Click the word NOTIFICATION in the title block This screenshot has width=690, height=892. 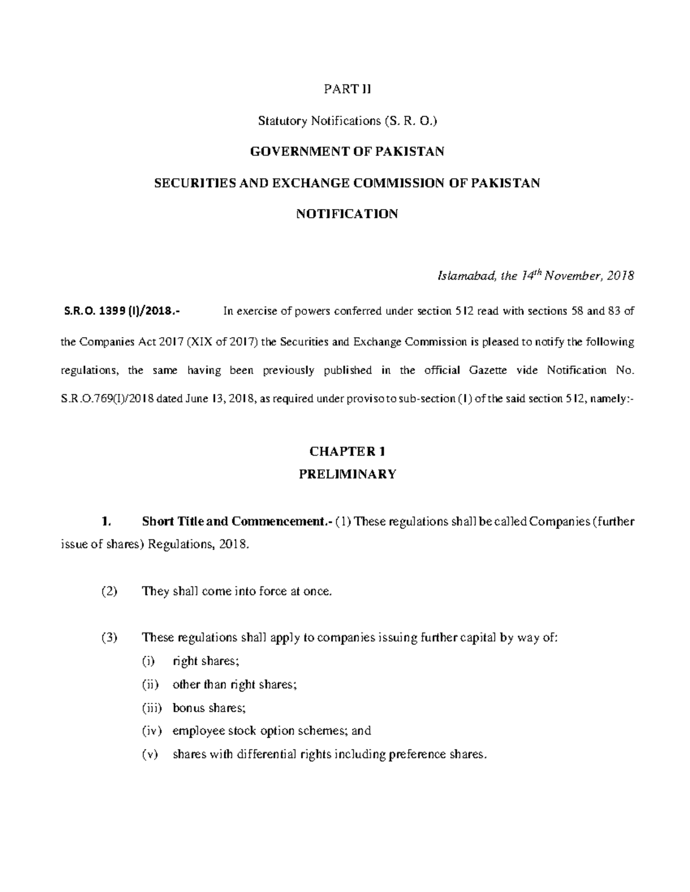[x=347, y=214]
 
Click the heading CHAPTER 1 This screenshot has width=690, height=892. [x=347, y=451]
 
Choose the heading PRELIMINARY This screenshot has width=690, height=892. [x=347, y=474]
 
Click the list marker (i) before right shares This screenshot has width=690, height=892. [x=149, y=661]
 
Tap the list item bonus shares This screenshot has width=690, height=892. [x=205, y=708]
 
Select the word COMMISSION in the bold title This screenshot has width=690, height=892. [x=397, y=183]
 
